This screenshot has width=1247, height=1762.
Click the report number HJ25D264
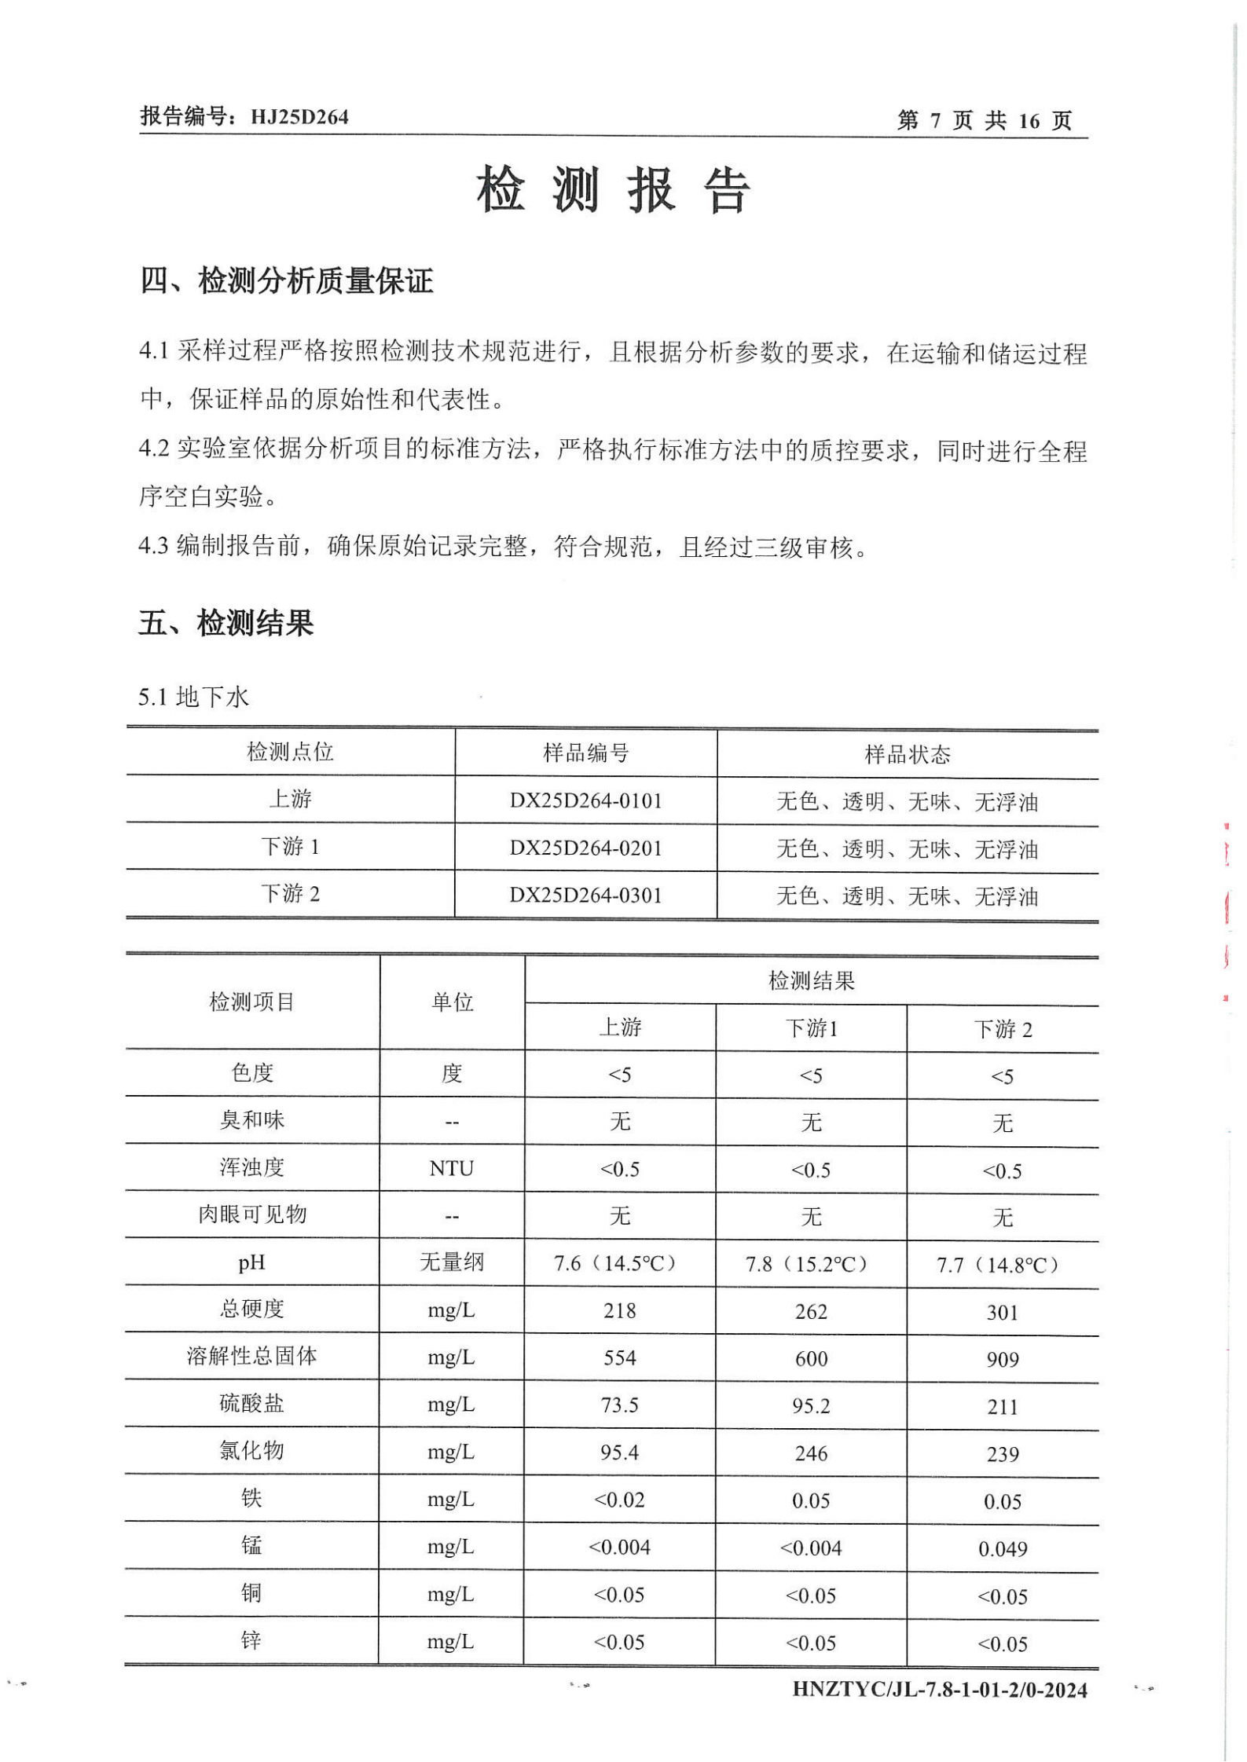(x=299, y=117)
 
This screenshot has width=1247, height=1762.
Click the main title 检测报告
(x=613, y=189)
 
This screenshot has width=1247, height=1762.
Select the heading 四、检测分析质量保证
(x=286, y=280)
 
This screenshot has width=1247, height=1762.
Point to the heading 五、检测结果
(x=226, y=623)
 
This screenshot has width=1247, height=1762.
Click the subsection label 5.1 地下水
(x=193, y=696)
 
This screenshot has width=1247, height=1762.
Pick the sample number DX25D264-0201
(x=585, y=848)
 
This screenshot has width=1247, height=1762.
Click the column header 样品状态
(x=907, y=754)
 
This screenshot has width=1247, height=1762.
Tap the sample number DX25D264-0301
(x=585, y=895)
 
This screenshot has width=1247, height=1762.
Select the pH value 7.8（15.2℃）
(x=810, y=1264)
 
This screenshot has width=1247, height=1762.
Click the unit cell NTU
(x=451, y=1168)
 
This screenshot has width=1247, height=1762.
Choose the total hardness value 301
(x=1002, y=1312)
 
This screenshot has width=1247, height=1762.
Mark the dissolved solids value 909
(x=1002, y=1360)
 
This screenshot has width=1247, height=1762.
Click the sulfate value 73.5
(x=619, y=1405)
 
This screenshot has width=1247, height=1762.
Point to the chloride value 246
(x=810, y=1453)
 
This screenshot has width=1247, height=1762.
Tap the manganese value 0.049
(x=1002, y=1548)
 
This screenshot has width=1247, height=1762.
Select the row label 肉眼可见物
(x=251, y=1214)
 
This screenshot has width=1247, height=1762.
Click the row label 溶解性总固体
(x=251, y=1356)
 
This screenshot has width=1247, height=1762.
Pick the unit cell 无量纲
(x=451, y=1262)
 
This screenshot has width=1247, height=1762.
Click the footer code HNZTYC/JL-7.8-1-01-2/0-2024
(x=939, y=1689)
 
